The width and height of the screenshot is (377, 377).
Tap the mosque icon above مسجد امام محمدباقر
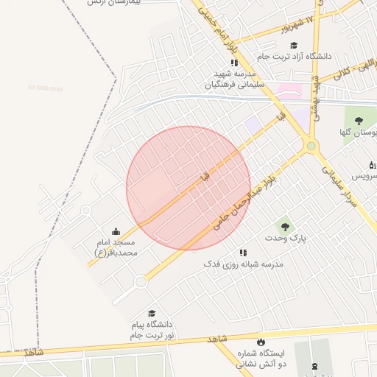(116, 232)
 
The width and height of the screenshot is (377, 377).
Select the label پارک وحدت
(286, 238)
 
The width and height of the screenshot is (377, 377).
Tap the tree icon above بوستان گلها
(359, 121)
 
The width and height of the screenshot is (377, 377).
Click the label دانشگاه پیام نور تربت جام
(152, 329)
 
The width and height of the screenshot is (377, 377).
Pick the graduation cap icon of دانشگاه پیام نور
(152, 314)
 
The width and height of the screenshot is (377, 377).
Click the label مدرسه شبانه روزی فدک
(244, 264)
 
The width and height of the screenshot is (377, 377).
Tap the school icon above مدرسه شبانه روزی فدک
(244, 252)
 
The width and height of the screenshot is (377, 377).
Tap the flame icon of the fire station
(260, 342)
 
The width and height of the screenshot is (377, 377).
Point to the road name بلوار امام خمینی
(223, 34)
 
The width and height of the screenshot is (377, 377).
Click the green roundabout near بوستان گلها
(311, 146)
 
